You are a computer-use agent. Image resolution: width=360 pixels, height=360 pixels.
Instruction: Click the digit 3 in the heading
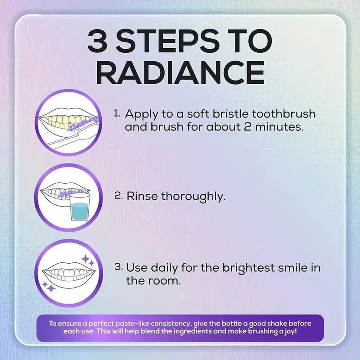pos(99,42)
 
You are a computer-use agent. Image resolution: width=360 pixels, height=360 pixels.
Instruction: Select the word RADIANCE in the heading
pos(180,73)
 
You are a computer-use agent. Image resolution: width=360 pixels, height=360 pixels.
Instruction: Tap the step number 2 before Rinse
pos(118,196)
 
